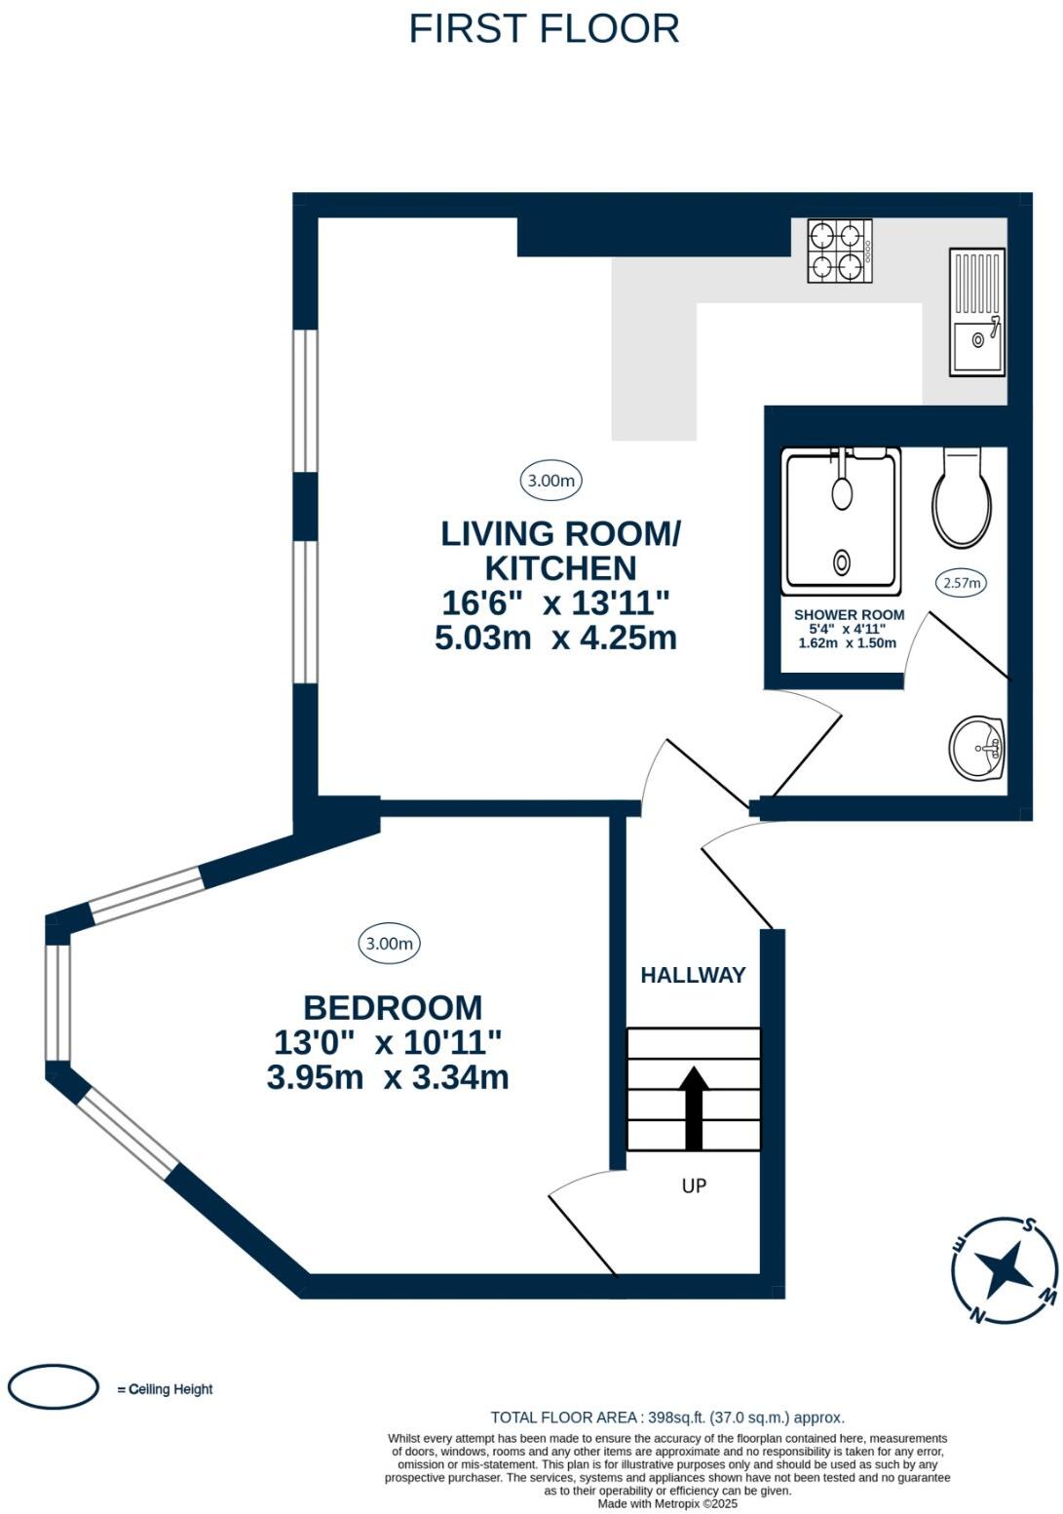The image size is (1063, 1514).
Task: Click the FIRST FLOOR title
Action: (x=544, y=28)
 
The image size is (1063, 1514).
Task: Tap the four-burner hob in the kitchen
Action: (x=840, y=251)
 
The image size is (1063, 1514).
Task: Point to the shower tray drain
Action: (x=842, y=562)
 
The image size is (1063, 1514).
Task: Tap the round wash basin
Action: (x=976, y=748)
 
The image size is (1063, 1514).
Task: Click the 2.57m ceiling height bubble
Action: (x=961, y=583)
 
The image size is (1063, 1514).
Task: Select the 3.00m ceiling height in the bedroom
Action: (x=389, y=943)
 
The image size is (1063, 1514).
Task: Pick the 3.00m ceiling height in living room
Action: (x=551, y=481)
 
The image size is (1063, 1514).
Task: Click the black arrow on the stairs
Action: (x=694, y=1107)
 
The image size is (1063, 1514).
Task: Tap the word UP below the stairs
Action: (x=694, y=1184)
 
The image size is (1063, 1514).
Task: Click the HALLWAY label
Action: (x=693, y=975)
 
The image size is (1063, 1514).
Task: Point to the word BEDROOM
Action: (x=393, y=1008)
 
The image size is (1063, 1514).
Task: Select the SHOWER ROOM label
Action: (x=849, y=615)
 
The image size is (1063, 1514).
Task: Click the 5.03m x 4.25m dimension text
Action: (x=555, y=638)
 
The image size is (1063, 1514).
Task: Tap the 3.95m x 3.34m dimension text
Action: (x=388, y=1077)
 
